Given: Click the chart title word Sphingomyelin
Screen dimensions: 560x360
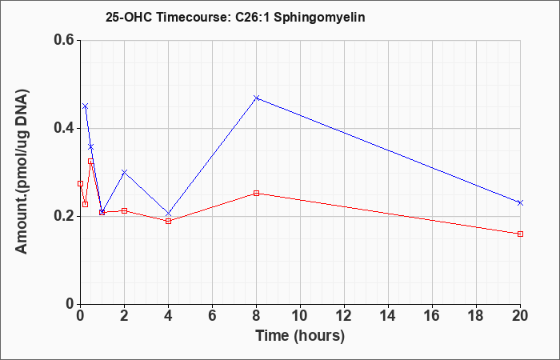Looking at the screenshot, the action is [319, 18].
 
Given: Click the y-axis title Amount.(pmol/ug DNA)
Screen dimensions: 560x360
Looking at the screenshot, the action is [22, 171].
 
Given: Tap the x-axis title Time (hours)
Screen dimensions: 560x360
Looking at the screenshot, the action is [300, 336].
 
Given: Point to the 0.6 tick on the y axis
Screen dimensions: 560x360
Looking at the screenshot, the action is [64, 40].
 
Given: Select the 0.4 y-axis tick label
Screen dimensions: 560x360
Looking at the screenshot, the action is [64, 128].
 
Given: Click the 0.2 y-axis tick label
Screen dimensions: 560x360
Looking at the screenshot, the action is [64, 216].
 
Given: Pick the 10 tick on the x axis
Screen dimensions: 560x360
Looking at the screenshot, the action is [300, 316].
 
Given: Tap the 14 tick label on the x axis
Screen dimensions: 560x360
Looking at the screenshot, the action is [388, 316].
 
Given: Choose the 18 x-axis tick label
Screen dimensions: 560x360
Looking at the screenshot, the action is [476, 316].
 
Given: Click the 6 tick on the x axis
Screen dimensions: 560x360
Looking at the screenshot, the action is [212, 316].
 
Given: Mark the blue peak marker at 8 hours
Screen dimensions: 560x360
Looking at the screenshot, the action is [256, 98].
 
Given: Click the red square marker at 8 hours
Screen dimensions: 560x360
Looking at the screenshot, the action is [256, 194].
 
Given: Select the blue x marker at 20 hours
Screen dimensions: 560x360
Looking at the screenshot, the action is [520, 202].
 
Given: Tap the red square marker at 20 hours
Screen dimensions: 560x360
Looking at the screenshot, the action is [520, 234].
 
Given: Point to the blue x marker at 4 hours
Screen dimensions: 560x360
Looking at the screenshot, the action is [169, 214].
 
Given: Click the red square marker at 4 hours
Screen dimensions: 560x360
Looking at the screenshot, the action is [169, 221].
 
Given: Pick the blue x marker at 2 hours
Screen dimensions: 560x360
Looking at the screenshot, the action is [124, 172].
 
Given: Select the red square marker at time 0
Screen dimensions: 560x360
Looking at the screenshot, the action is [80, 183].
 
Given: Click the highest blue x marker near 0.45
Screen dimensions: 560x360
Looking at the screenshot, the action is [85, 106].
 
